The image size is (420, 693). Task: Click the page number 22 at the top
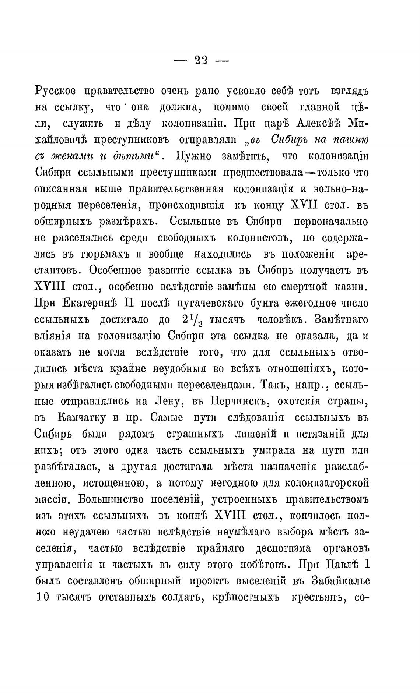(201, 60)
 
